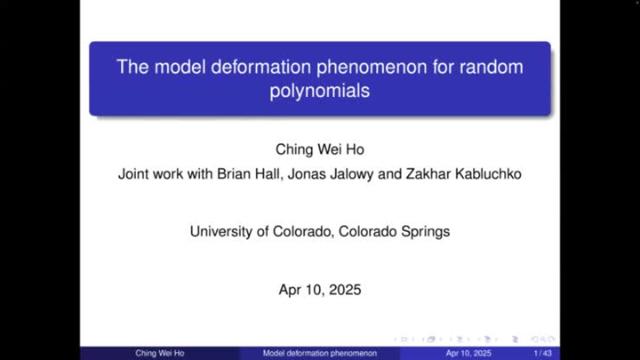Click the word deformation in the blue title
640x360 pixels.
(245, 67)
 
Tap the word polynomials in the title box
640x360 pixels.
(319, 91)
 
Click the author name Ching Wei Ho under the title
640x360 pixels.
(319, 148)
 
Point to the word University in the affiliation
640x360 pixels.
(222, 231)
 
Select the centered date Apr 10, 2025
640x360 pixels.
(320, 289)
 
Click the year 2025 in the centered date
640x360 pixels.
(345, 289)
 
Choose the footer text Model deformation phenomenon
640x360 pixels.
(319, 353)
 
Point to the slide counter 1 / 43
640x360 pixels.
(541, 353)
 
